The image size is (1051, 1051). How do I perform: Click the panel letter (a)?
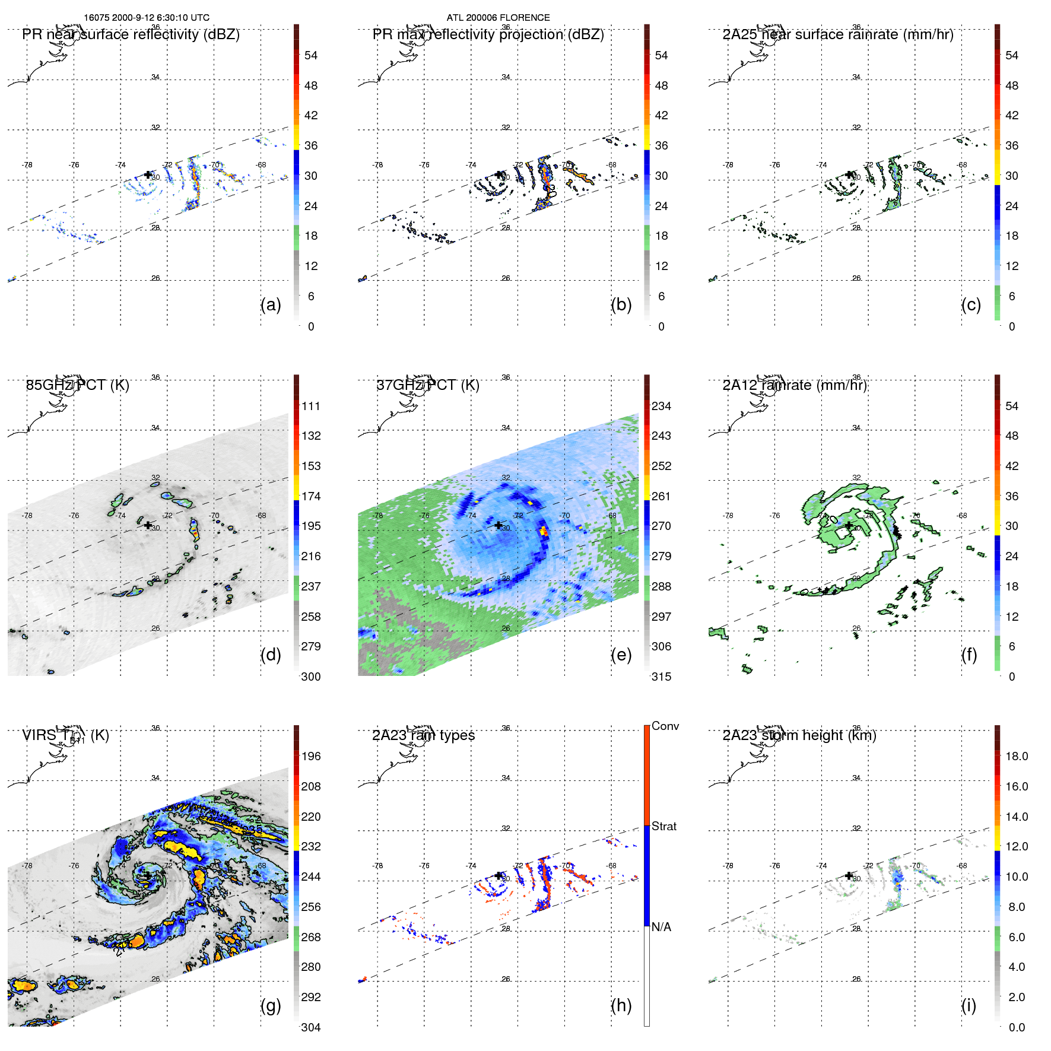pyautogui.click(x=271, y=305)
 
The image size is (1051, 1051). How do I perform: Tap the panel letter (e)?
pyautogui.click(x=621, y=655)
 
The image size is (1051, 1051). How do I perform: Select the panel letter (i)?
pyautogui.click(x=969, y=1005)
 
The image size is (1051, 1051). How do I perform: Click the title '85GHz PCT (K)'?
pyautogui.click(x=78, y=385)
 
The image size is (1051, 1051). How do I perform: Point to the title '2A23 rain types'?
pyautogui.click(x=423, y=735)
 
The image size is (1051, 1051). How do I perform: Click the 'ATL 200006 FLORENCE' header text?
pyautogui.click(x=498, y=18)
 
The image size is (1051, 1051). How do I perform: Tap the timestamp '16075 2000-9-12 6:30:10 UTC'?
pyautogui.click(x=147, y=18)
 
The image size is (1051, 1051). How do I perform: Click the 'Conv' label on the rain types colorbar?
pyautogui.click(x=665, y=726)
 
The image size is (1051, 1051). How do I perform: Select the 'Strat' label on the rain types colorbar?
pyautogui.click(x=664, y=827)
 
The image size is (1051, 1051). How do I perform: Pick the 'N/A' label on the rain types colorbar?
pyautogui.click(x=661, y=927)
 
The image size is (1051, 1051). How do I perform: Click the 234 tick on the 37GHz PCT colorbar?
pyautogui.click(x=661, y=406)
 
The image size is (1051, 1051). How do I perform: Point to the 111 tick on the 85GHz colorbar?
pyautogui.click(x=310, y=406)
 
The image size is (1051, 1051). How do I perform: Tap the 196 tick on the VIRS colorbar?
pyautogui.click(x=310, y=756)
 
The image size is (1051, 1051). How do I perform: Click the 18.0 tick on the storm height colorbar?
pyautogui.click(x=1016, y=756)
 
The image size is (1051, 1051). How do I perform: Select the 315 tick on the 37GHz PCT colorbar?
pyautogui.click(x=661, y=677)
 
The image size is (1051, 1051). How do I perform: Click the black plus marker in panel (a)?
pyautogui.click(x=148, y=174)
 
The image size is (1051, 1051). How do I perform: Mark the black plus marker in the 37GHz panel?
pyautogui.click(x=498, y=525)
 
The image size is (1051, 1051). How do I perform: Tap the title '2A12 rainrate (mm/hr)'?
pyautogui.click(x=795, y=385)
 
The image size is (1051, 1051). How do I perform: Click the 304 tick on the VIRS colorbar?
pyautogui.click(x=310, y=1027)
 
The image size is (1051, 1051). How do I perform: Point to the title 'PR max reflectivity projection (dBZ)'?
pyautogui.click(x=488, y=34)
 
